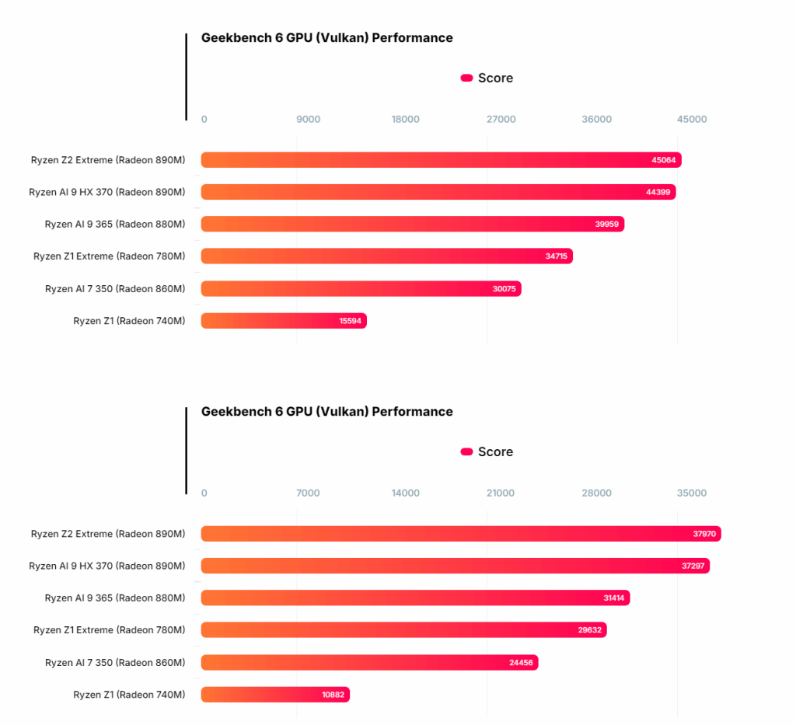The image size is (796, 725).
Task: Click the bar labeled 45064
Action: click(442, 160)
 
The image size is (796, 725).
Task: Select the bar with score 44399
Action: click(438, 192)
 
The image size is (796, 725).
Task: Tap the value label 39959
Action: click(606, 225)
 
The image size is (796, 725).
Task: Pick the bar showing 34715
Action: click(387, 256)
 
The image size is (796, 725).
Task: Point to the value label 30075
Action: click(504, 289)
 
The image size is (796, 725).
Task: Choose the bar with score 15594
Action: click(284, 321)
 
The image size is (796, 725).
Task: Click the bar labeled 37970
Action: click(461, 534)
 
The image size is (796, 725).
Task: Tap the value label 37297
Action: click(693, 566)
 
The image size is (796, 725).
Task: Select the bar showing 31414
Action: click(415, 598)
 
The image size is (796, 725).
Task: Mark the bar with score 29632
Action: click(403, 629)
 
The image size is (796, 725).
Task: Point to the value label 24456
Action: click(521, 663)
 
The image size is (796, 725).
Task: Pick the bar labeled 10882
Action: click(275, 695)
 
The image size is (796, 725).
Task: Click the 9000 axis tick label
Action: click(308, 119)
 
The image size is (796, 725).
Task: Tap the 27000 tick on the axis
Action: click(501, 119)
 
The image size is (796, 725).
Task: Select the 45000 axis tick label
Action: click(692, 119)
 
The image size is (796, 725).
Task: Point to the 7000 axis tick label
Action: click(308, 493)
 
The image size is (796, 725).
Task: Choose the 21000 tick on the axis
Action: click(501, 493)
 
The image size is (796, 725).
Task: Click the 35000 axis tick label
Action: click(692, 493)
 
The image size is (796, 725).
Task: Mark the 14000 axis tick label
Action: click(406, 493)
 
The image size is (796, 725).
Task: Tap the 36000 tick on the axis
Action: click(596, 119)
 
